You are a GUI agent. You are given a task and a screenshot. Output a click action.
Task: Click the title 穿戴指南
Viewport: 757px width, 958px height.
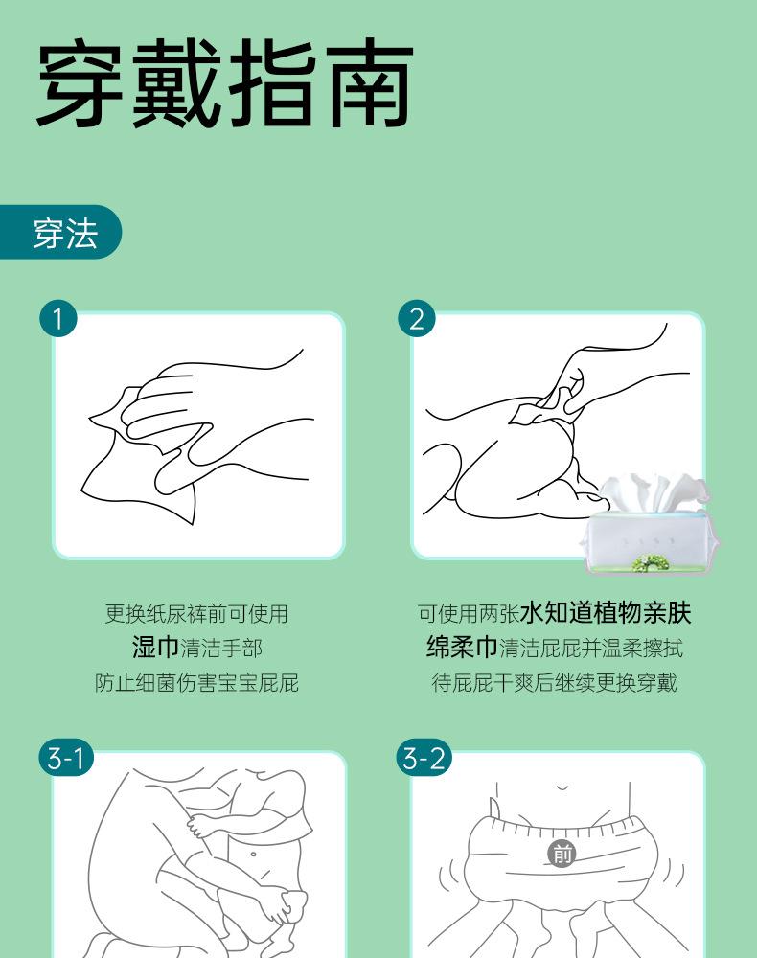coord(225,83)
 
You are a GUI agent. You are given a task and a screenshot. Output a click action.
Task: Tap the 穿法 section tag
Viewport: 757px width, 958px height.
coord(61,232)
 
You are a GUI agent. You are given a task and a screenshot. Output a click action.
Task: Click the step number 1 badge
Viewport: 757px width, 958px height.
coord(58,318)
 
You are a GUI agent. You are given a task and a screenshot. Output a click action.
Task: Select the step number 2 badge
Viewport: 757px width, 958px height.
coord(417,318)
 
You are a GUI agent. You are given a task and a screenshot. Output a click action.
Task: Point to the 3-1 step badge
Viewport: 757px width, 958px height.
coord(66,758)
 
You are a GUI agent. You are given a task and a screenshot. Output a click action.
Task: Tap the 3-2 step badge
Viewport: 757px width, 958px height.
coord(424,758)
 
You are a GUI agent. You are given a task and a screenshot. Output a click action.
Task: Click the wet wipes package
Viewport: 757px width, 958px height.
coord(649,524)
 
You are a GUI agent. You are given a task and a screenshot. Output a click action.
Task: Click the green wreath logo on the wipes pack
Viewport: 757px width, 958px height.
coord(650,562)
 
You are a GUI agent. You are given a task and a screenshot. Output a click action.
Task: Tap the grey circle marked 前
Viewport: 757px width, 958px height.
coord(562,853)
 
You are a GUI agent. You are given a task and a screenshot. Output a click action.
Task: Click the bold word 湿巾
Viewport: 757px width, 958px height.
coord(155,648)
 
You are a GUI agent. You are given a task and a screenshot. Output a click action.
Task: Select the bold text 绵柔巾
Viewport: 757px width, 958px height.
coord(462,648)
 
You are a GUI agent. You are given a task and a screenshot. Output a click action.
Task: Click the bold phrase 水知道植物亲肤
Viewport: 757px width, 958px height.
coord(606,613)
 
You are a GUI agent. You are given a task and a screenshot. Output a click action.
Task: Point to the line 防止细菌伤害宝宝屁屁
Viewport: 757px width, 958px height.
coord(196,682)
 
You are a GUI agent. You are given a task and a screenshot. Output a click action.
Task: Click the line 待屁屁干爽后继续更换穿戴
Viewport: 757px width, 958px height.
coord(554,682)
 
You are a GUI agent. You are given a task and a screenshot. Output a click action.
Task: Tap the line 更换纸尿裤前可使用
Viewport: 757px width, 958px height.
coord(196,613)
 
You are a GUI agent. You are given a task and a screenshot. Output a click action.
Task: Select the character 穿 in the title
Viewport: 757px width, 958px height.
coord(81,83)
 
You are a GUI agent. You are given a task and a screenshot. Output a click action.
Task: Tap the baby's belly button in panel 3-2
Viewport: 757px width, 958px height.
coord(562,787)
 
